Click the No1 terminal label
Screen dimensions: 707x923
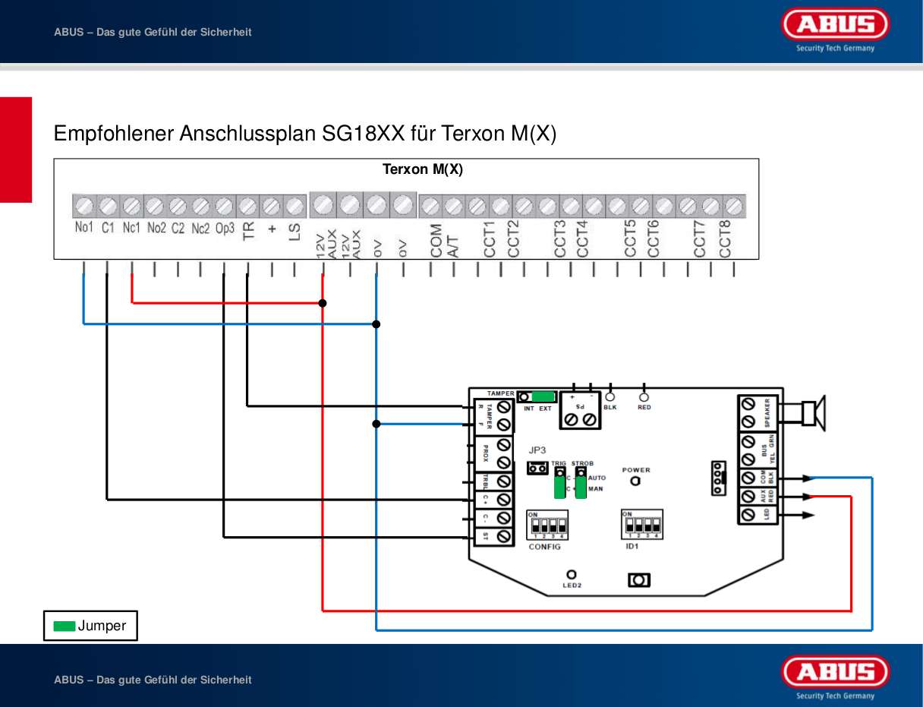point(83,228)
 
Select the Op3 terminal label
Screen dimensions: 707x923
point(224,228)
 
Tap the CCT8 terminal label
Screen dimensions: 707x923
point(725,238)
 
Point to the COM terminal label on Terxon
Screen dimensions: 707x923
point(436,240)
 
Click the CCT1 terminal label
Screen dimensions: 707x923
point(490,238)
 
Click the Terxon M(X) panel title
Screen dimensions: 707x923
point(422,169)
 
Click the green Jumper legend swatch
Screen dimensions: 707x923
point(65,627)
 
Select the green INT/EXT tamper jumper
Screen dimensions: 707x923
point(543,396)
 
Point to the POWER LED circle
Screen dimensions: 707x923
point(635,481)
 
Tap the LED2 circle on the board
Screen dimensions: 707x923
point(571,575)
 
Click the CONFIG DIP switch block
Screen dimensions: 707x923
point(547,525)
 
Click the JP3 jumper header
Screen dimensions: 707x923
point(537,469)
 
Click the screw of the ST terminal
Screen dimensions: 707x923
point(502,537)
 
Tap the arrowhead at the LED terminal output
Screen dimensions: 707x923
point(809,515)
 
